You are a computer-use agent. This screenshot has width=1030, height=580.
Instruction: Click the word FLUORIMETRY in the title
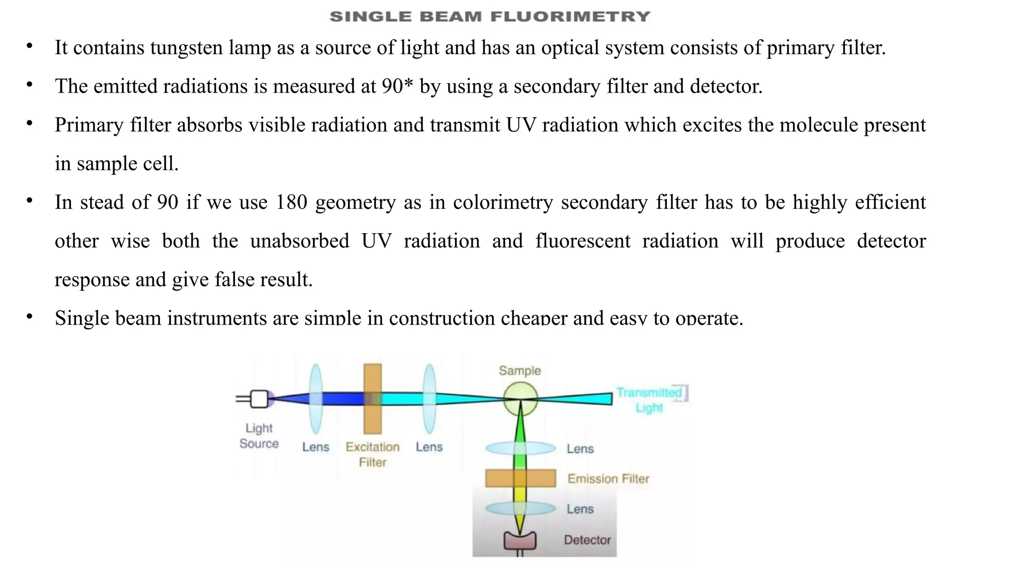pos(570,17)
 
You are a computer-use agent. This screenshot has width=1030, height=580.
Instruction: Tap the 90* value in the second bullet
pos(397,86)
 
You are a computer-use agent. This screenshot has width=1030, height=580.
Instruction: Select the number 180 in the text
pos(291,202)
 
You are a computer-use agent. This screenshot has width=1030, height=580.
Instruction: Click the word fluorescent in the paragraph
pos(582,241)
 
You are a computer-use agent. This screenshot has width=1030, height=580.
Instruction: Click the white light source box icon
pos(260,399)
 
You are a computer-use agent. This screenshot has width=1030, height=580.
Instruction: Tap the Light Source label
pos(259,436)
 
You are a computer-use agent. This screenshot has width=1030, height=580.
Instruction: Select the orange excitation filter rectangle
pos(372,398)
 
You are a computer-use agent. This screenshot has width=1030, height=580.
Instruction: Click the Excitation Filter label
pos(373,454)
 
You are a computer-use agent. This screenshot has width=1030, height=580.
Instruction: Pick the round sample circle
pos(520,398)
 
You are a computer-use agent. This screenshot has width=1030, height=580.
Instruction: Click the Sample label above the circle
pos(520,371)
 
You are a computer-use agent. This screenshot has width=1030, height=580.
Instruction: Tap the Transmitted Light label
pos(649,400)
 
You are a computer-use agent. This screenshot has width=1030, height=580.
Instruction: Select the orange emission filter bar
pos(521,478)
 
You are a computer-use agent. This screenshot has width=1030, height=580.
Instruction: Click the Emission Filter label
pos(608,479)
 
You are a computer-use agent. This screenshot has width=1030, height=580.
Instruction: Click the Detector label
pos(587,540)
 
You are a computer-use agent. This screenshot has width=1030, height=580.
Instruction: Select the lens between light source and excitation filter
pos(316,398)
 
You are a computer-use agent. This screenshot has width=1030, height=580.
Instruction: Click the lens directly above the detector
pos(521,509)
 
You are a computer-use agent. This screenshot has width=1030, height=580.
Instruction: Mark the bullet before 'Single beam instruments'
pos(30,317)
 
